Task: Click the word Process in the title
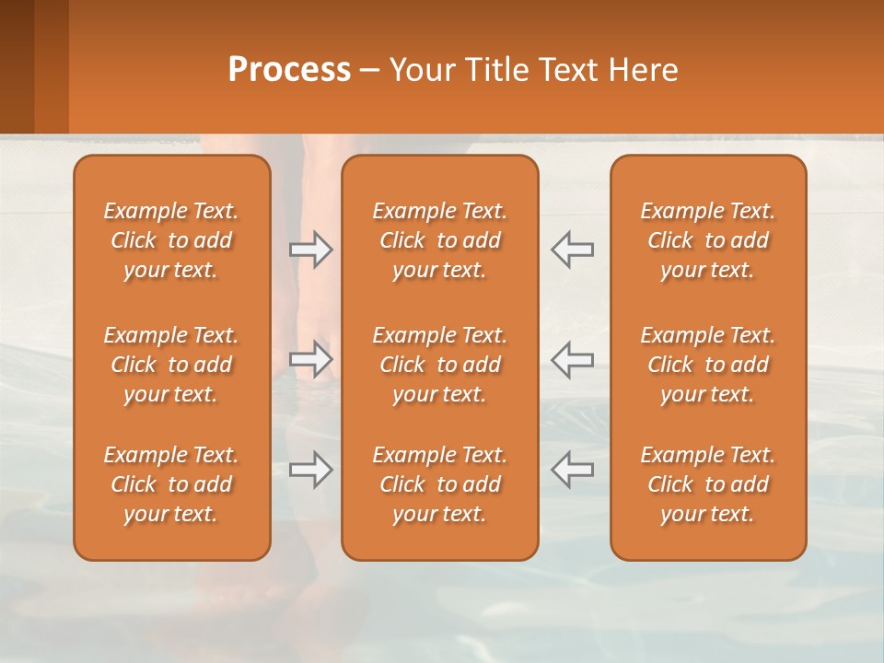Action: pyautogui.click(x=289, y=70)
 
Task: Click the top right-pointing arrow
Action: pyautogui.click(x=311, y=250)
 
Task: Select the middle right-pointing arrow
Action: pyautogui.click(x=311, y=358)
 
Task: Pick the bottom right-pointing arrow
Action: pyautogui.click(x=311, y=470)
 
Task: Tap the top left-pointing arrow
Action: pyautogui.click(x=572, y=250)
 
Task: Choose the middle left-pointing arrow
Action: pyautogui.click(x=572, y=358)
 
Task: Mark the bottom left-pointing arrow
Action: pyautogui.click(x=572, y=470)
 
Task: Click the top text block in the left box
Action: pyautogui.click(x=171, y=240)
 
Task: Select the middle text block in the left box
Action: pyautogui.click(x=171, y=365)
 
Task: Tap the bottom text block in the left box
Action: pyautogui.click(x=171, y=484)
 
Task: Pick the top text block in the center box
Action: pyautogui.click(x=439, y=240)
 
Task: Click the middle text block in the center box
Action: pyautogui.click(x=439, y=365)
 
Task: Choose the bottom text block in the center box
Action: pyautogui.click(x=439, y=484)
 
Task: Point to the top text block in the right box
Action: pyautogui.click(x=707, y=240)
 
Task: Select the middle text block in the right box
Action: pyautogui.click(x=707, y=365)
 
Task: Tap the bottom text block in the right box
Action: pyautogui.click(x=707, y=484)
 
